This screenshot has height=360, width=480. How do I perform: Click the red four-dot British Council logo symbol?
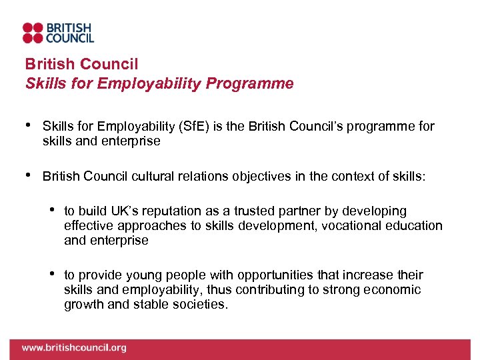tap(33, 33)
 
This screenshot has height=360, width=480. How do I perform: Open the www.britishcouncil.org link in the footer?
tap(73, 347)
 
